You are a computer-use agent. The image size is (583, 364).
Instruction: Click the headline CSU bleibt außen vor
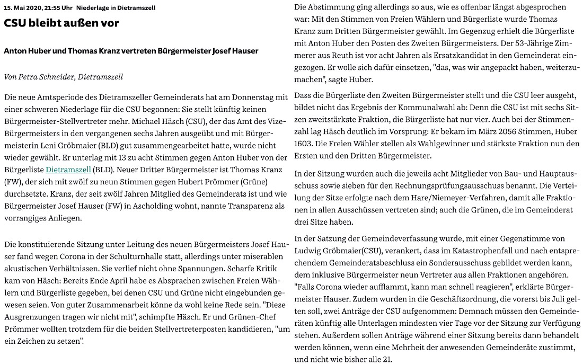[61, 23]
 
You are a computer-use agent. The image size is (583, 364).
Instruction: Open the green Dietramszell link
[68, 170]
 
